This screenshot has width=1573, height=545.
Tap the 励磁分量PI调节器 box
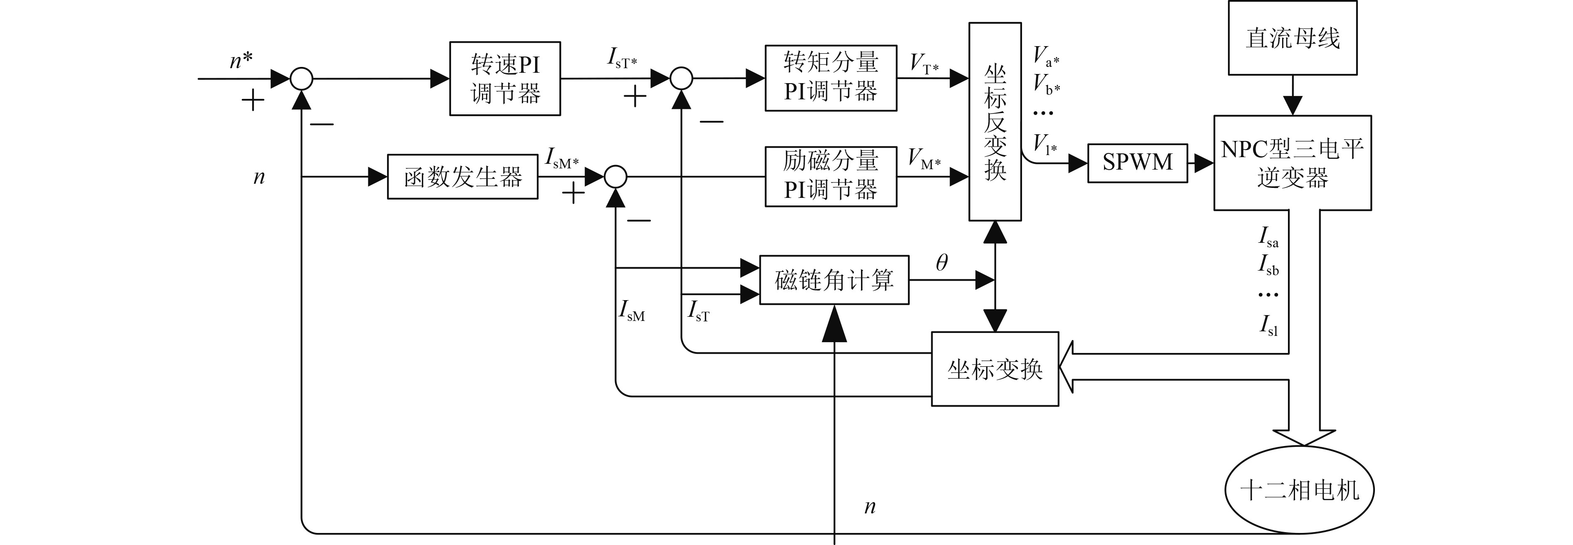click(x=831, y=176)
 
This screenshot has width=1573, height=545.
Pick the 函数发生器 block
click(x=462, y=177)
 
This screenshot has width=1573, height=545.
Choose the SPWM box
click(x=1137, y=163)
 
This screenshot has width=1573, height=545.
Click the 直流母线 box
click(x=1292, y=38)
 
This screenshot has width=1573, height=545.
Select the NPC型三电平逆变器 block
click(x=1292, y=163)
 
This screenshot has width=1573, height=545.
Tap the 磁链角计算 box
click(x=834, y=280)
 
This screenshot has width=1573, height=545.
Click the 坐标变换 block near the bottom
click(x=994, y=369)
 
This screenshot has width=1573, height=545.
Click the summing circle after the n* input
click(x=301, y=79)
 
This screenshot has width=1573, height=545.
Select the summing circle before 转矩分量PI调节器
click(x=682, y=79)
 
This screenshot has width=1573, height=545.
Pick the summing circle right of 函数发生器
click(x=615, y=177)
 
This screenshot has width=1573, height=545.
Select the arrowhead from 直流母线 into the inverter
click(x=1292, y=105)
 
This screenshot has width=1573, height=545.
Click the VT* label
click(x=924, y=64)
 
